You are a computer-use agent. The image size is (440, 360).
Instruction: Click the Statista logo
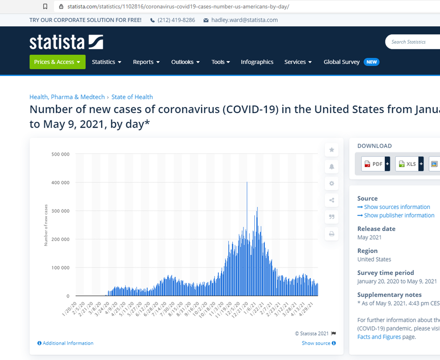[x=66, y=41]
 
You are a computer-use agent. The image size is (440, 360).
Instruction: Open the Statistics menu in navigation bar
[x=106, y=62]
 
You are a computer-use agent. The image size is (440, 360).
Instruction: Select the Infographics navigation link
[x=257, y=62]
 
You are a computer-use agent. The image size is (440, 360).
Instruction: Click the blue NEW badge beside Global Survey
[x=371, y=62]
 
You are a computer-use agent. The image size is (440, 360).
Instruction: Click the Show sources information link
[x=397, y=207]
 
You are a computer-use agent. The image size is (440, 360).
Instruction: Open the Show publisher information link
[x=399, y=215]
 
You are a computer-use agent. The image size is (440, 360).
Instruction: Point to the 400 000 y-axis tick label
[x=60, y=182]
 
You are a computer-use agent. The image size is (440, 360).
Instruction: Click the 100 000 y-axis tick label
[x=60, y=267]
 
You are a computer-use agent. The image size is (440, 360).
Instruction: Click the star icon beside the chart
[x=331, y=149]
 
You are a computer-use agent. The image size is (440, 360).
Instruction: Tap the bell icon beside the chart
[x=331, y=166]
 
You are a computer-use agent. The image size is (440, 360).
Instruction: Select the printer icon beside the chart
[x=331, y=233]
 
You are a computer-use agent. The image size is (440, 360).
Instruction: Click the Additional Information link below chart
[x=68, y=343]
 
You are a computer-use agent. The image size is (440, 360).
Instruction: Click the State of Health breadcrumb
[x=132, y=97]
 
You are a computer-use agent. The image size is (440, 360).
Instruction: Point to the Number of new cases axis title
[x=47, y=225]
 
